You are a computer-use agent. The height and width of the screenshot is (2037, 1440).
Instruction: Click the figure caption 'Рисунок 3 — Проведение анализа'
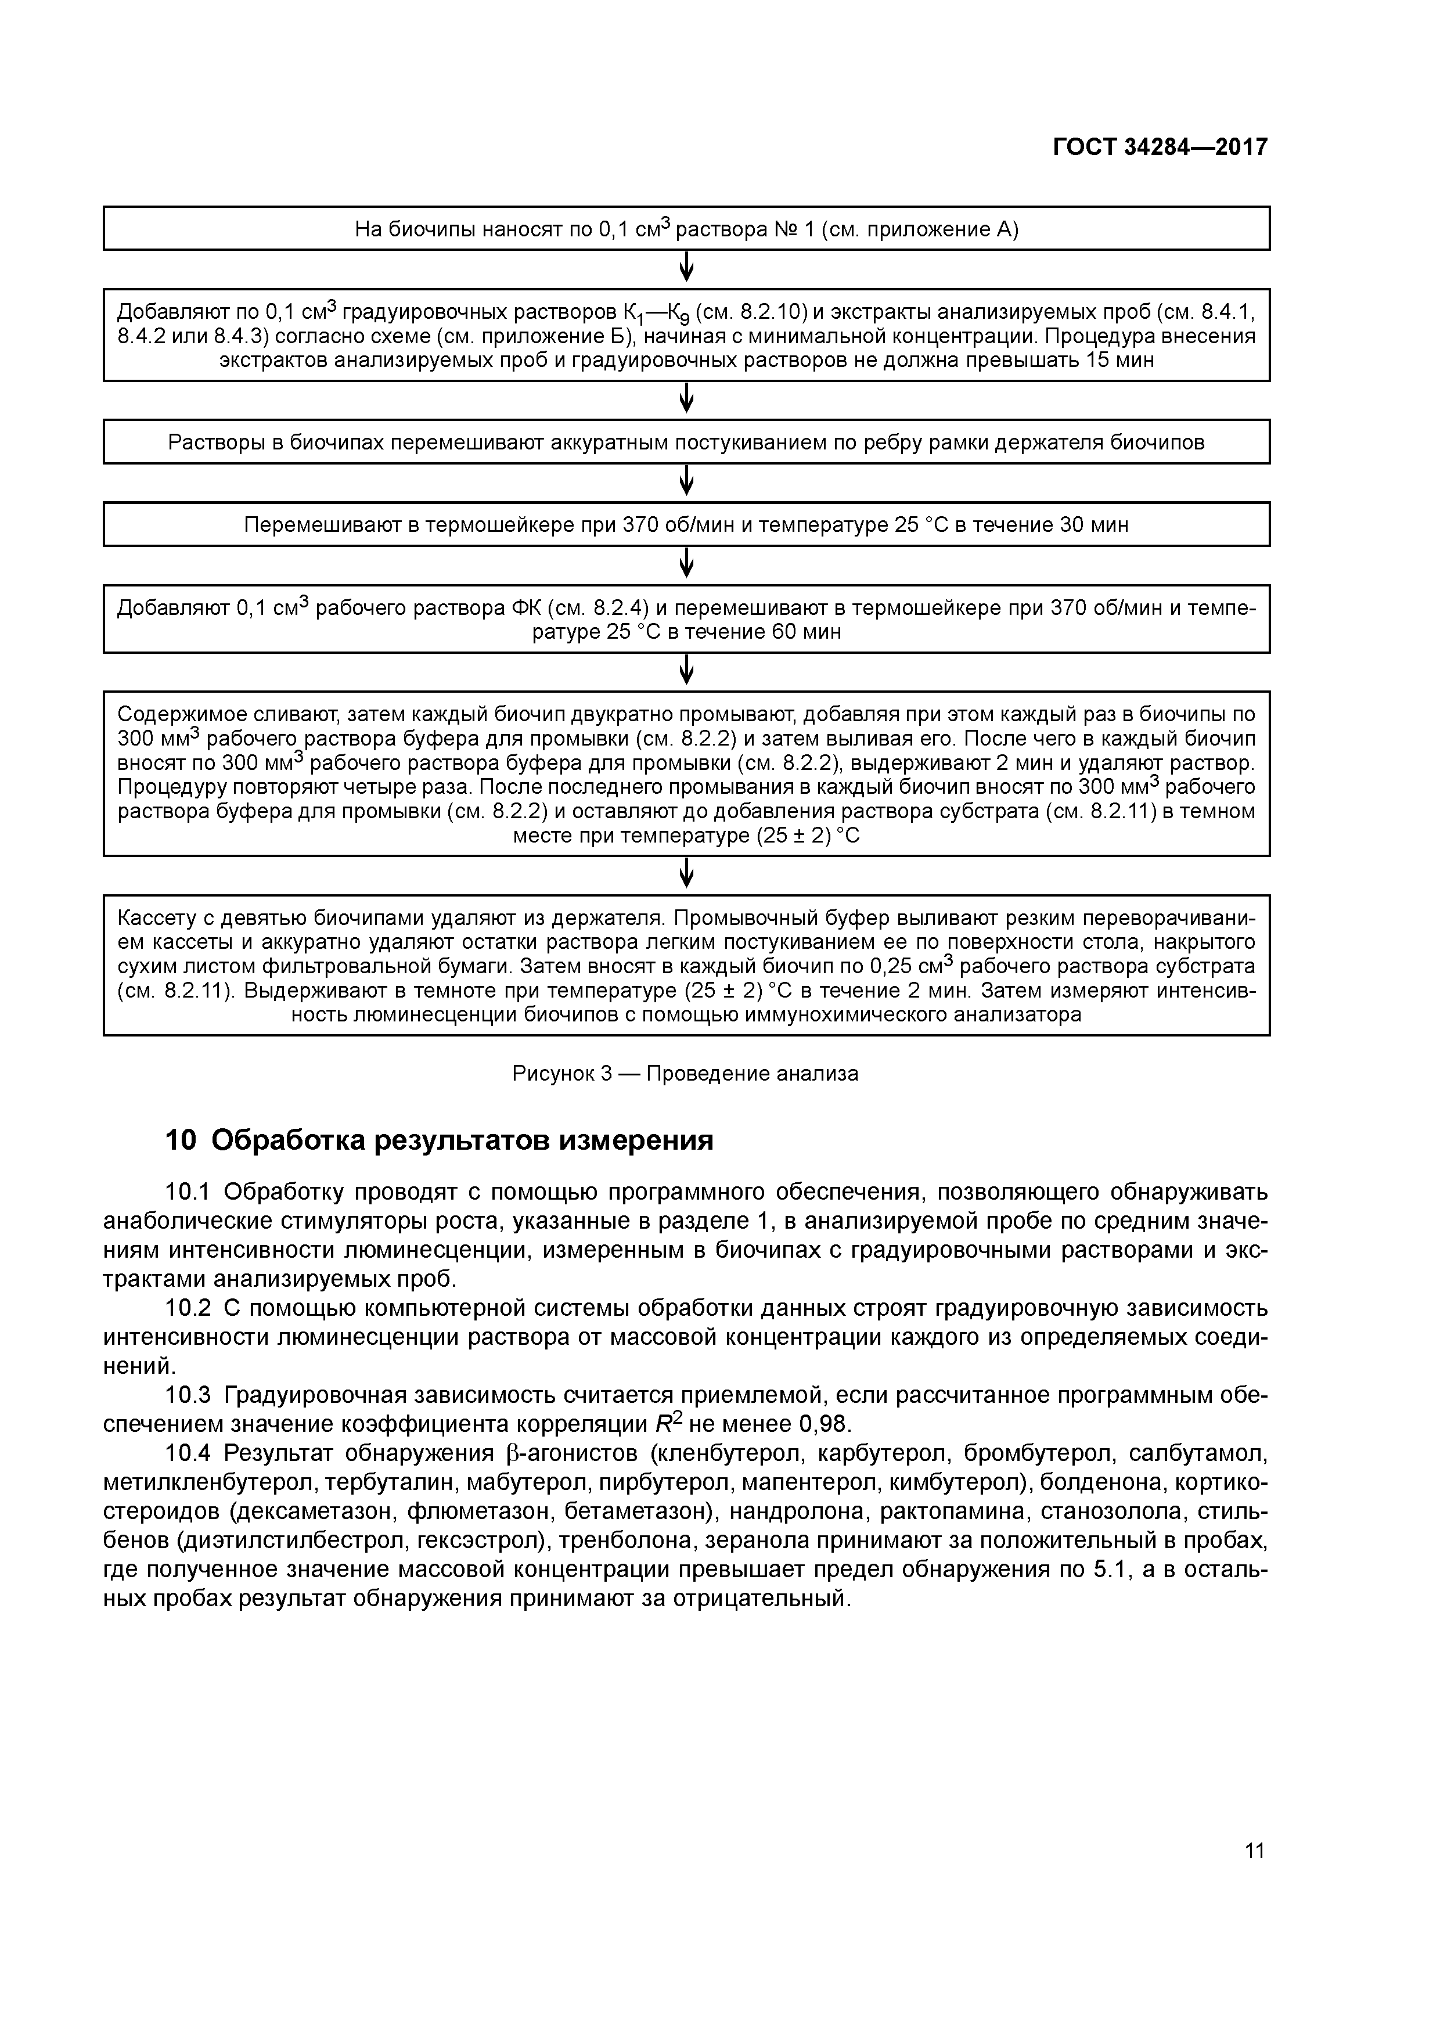[685, 1074]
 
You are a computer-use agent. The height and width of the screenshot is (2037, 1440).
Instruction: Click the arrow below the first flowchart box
[686, 268]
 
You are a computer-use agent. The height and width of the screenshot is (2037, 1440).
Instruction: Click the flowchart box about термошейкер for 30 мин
[686, 524]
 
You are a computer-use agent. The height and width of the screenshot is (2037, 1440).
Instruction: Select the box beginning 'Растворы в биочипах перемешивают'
[686, 442]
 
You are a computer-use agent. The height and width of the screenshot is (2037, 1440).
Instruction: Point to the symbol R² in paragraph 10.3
[667, 1424]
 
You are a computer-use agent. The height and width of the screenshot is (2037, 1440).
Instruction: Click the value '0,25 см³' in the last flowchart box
[910, 965]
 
